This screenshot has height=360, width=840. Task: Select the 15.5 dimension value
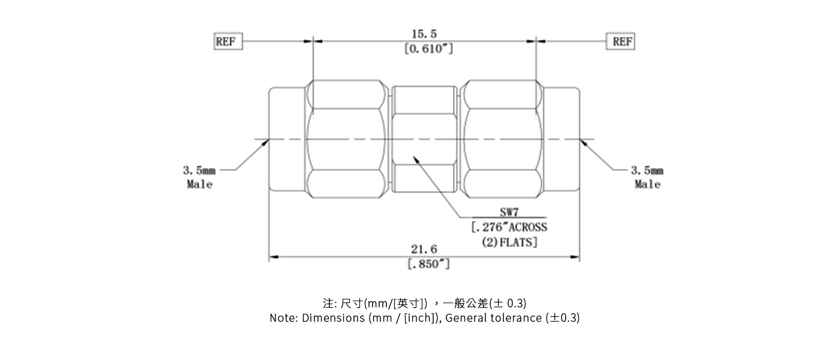[424, 35]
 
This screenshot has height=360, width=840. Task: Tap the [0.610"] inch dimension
[428, 49]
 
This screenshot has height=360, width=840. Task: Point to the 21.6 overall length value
[424, 249]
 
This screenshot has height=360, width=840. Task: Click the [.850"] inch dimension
[428, 264]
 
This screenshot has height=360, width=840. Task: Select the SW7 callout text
[509, 212]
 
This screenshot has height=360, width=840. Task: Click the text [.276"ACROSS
[509, 227]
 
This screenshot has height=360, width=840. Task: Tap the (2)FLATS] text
[509, 242]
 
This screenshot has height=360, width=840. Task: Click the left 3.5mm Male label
[199, 178]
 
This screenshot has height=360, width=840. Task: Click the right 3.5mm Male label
[647, 178]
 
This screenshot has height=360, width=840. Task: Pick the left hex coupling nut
[346, 139]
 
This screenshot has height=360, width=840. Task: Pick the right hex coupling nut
[500, 139]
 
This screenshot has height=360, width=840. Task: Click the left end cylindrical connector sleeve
[287, 139]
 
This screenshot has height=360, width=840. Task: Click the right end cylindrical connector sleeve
[562, 139]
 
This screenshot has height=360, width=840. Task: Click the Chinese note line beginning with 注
[424, 302]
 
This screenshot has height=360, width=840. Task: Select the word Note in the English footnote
[283, 318]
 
